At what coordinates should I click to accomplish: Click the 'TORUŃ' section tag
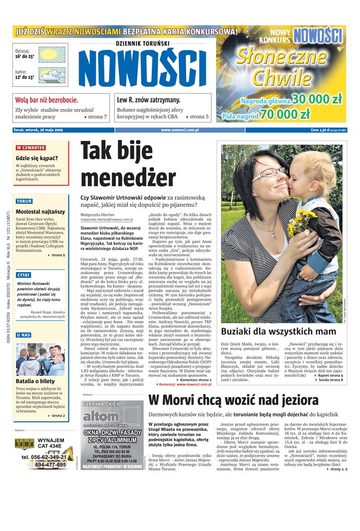tap(24, 201)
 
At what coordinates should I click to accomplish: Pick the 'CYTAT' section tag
tap(24, 275)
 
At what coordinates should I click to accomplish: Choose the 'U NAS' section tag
tap(23, 335)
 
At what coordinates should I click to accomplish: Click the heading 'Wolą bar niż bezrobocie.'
tap(47, 100)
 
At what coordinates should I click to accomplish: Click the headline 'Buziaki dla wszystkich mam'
tap(278, 331)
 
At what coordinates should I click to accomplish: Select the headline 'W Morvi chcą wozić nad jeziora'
tap(241, 400)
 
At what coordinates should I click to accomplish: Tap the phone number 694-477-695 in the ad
tap(50, 465)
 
